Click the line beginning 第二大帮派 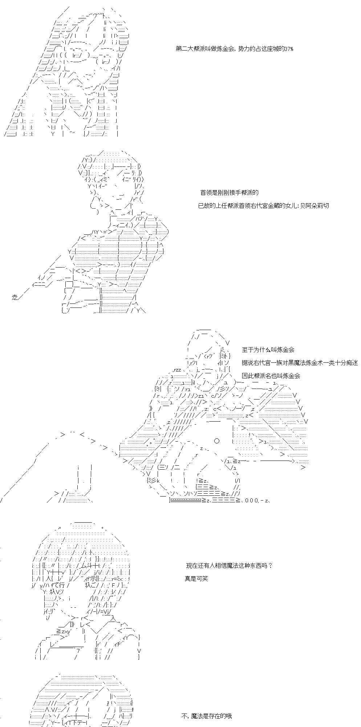tap(234, 49)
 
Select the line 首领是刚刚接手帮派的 tap(230, 193)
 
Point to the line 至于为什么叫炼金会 tap(268, 350)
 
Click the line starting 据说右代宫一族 tap(300, 363)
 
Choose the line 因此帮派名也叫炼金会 tap(271, 376)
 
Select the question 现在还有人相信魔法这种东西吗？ tap(229, 565)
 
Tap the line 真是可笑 tap(196, 578)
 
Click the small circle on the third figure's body tap(217, 441)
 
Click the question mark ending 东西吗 tap(271, 565)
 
